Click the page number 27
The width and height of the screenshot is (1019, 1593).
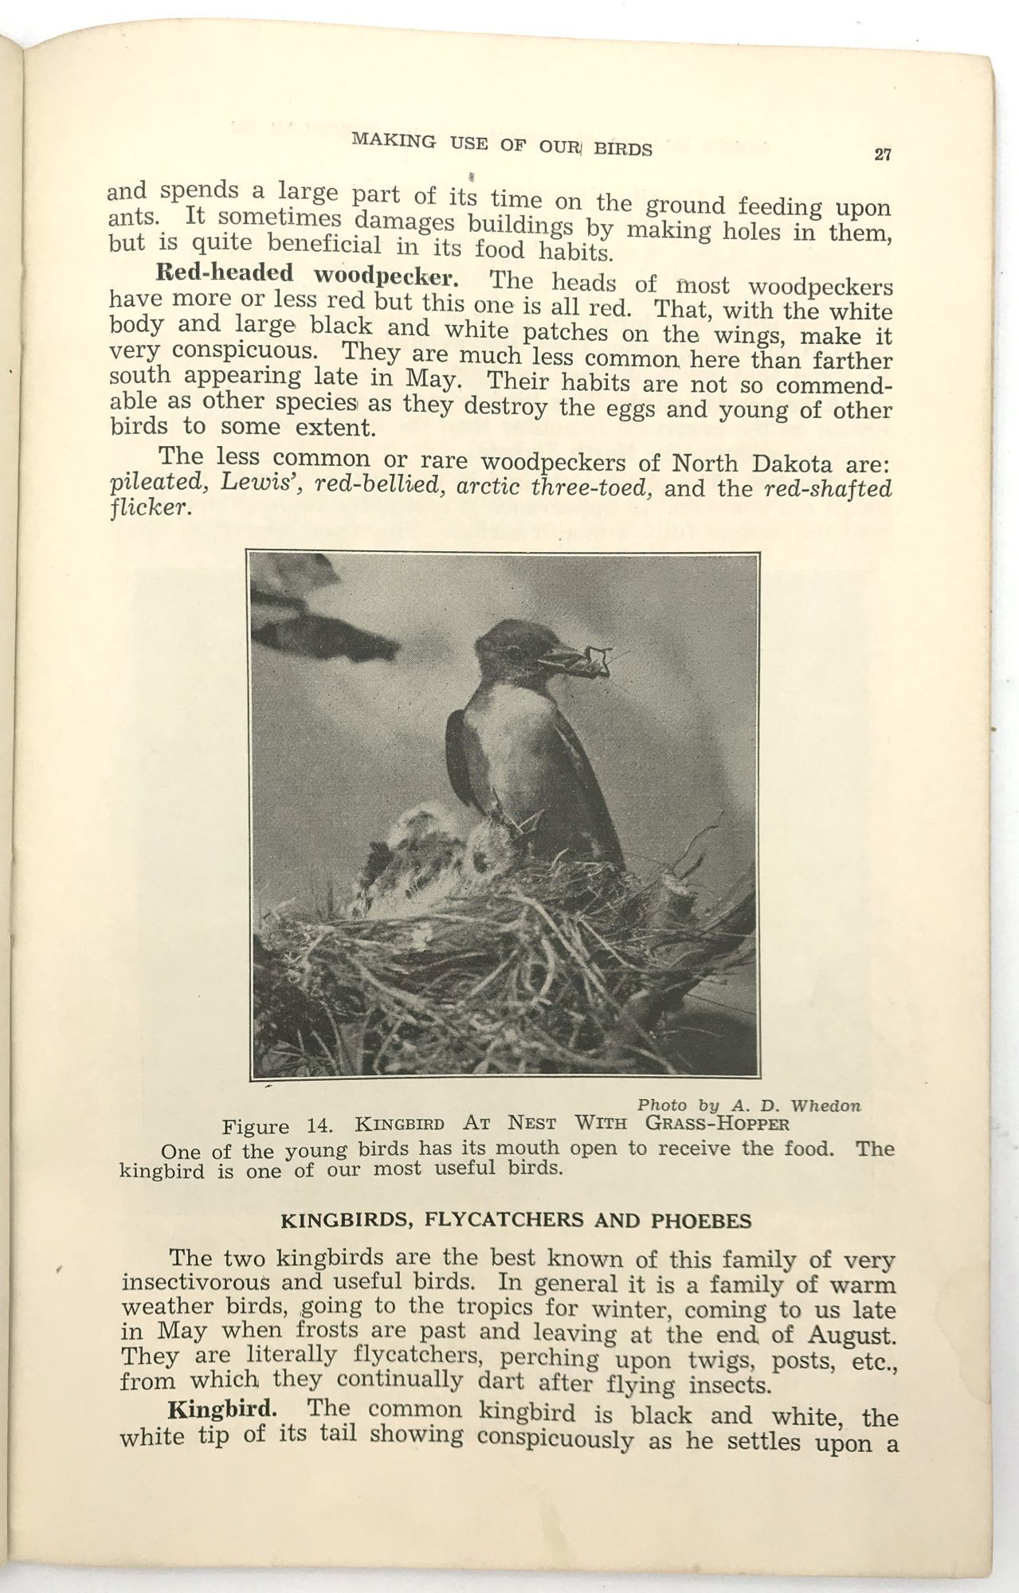pyautogui.click(x=882, y=155)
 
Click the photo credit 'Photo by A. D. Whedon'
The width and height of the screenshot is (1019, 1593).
pyautogui.click(x=749, y=1105)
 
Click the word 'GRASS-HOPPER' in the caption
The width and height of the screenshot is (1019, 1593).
pyautogui.click(x=717, y=1124)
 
